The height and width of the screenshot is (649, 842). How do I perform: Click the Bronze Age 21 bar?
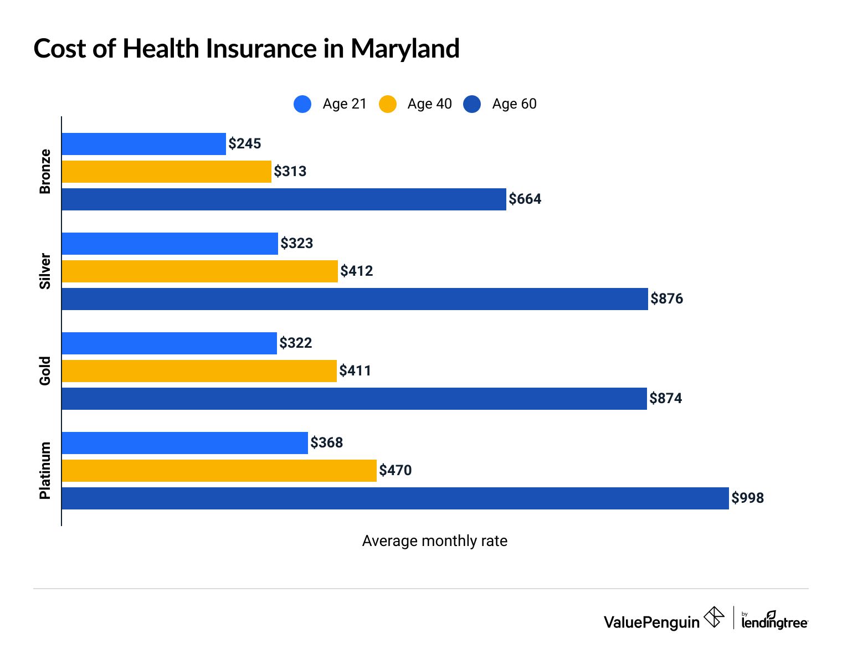point(143,144)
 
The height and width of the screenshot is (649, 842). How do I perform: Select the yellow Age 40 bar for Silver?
point(199,271)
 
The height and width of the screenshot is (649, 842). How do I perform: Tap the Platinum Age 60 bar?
point(395,498)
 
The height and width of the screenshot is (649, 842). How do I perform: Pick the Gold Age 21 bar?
point(169,343)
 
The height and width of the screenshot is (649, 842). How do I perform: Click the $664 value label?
point(525,199)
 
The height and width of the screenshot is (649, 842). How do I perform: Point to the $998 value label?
point(747,498)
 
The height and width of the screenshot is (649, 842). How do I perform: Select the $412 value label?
point(357,271)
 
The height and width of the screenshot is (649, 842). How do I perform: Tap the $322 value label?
point(296,343)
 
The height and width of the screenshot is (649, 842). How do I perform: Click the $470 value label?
point(396,471)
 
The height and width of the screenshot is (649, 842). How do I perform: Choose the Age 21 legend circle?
point(302,104)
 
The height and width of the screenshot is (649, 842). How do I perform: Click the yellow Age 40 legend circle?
point(388,104)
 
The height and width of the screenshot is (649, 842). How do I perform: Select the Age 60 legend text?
point(514,104)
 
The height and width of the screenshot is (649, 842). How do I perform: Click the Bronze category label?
point(45,172)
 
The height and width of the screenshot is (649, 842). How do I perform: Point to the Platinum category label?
point(45,471)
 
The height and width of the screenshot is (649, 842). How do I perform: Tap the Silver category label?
point(45,271)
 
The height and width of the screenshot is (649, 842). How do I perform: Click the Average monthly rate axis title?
point(434,541)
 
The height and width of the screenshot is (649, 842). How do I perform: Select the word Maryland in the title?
point(405,49)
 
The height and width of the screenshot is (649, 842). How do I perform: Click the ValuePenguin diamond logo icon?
point(714,617)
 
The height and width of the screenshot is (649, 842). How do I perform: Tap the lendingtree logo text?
point(774,622)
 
